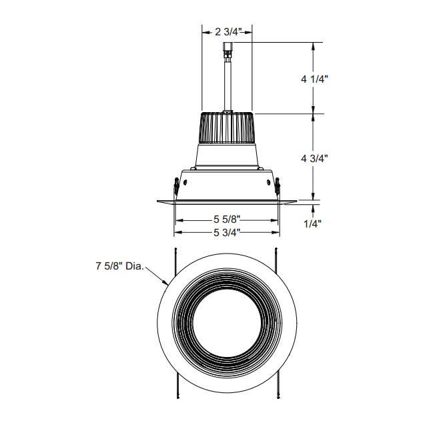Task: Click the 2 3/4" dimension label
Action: (227, 31)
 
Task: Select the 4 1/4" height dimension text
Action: (314, 78)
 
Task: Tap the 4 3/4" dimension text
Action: (314, 158)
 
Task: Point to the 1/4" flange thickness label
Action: (313, 224)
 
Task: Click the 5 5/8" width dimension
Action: (227, 219)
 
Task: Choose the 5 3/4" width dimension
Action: (227, 232)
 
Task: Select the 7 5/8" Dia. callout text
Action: (119, 266)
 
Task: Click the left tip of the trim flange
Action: (158, 200)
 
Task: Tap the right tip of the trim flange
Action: (296, 200)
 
